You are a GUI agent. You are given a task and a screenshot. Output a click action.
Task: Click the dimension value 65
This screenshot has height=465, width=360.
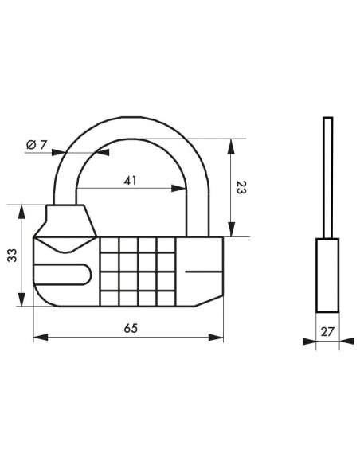pyautogui.click(x=131, y=328)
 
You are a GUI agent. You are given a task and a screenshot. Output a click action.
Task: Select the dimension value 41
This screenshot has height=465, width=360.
pyautogui.click(x=130, y=180)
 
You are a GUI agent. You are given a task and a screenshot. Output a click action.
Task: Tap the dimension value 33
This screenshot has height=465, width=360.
pyautogui.click(x=12, y=256)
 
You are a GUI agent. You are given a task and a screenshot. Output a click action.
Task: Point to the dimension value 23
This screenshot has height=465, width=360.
pyautogui.click(x=241, y=187)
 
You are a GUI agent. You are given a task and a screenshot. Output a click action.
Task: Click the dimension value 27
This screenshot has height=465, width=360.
pyautogui.click(x=327, y=331)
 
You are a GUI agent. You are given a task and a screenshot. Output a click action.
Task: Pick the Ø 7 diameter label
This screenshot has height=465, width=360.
pyautogui.click(x=37, y=145)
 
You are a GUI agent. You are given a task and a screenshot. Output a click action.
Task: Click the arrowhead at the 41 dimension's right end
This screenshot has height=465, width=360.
pyautogui.click(x=178, y=188)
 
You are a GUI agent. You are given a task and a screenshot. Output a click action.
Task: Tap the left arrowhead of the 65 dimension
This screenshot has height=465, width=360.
pyautogui.click(x=41, y=338)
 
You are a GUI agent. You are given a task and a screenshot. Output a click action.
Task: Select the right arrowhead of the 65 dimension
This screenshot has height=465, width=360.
pyautogui.click(x=216, y=338)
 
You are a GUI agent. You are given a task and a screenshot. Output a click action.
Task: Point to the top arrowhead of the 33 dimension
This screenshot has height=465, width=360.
pyautogui.click(x=22, y=212)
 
